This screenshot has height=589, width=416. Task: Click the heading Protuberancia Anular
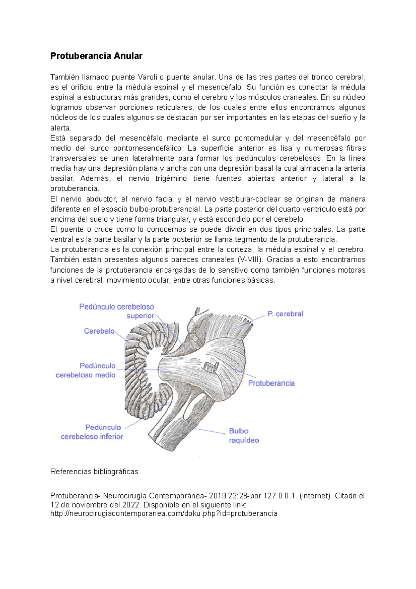(96, 56)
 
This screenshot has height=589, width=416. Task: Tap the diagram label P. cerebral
(285, 314)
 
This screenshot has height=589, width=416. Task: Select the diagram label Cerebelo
(99, 331)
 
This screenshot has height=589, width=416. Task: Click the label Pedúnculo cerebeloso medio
(86, 370)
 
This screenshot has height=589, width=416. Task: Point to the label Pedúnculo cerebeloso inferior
(92, 432)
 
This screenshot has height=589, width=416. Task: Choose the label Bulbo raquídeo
(243, 436)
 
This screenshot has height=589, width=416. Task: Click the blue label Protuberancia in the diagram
(271, 383)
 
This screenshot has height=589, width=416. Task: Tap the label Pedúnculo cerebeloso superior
(117, 311)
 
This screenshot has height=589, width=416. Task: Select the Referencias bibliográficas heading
(94, 472)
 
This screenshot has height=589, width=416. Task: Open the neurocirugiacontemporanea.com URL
(164, 513)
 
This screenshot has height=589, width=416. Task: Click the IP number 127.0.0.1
(280, 496)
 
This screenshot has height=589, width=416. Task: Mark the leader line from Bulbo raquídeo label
(208, 431)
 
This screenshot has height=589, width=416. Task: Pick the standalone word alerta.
(61, 128)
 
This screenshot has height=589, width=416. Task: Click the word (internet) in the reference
(315, 496)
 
